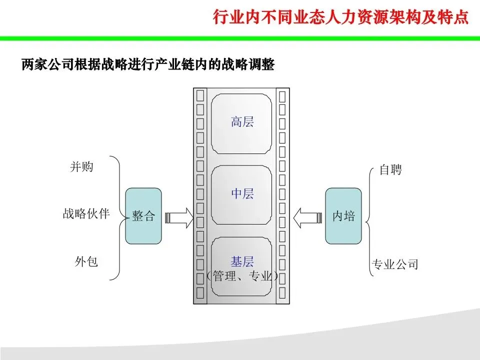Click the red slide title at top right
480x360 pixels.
pos(340,17)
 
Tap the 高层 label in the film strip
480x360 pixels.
pos(242,121)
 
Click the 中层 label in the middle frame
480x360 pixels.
pos(242,193)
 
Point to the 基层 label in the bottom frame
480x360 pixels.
pos(242,261)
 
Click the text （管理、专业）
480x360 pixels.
pos(242,276)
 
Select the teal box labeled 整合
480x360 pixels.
pos(143,216)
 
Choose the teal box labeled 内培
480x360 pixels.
pos(343,216)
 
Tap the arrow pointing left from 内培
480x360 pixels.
pos(306,217)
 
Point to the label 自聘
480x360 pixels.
pos(390,170)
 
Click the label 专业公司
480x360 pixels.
pos(394,264)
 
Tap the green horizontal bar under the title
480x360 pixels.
pos(240,38)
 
